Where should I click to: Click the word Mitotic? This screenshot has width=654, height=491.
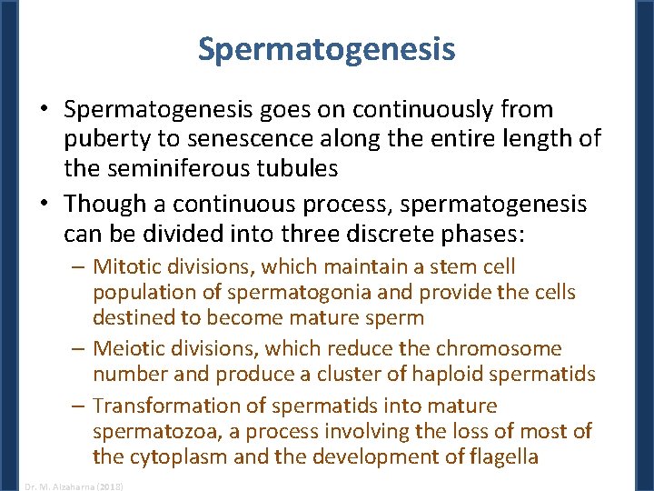click(x=126, y=266)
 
